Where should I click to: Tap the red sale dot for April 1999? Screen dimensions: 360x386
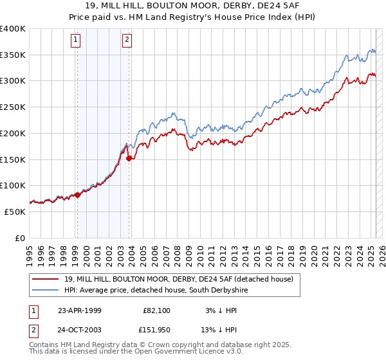tap(78, 194)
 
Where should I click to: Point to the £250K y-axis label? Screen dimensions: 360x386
tap(13, 107)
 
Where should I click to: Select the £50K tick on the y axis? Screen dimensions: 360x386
tap(15, 212)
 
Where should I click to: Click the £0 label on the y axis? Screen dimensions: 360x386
tap(21, 238)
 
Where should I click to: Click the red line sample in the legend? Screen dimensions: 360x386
tap(46, 279)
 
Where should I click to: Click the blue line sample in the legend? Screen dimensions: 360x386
tap(46, 291)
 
